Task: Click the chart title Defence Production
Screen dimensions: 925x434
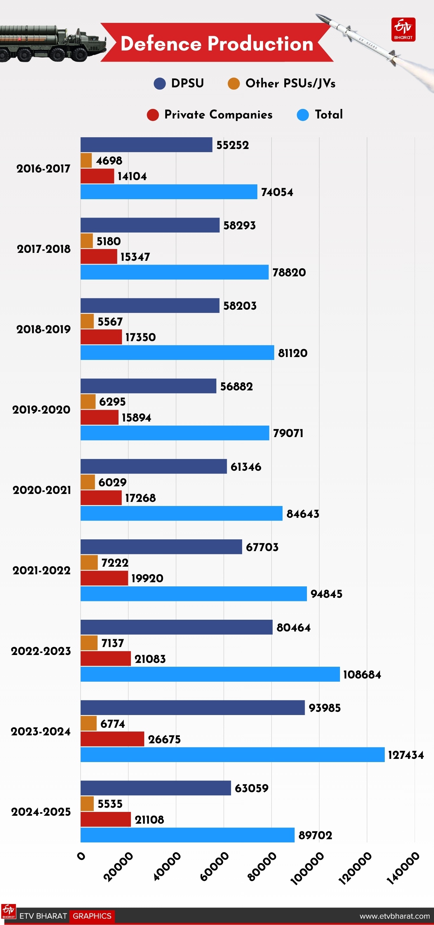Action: point(217,44)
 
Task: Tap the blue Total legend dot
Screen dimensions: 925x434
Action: point(303,115)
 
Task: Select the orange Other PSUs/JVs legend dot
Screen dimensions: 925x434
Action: point(234,84)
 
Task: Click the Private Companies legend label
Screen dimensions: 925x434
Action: point(218,115)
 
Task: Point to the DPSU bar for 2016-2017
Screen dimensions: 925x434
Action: point(146,145)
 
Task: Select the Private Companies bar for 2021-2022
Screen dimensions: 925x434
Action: point(104,578)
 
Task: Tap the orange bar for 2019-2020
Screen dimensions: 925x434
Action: point(88,402)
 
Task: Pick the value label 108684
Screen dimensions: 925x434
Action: point(362,674)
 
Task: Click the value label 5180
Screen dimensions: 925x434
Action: point(109,241)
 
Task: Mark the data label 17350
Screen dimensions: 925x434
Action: point(140,337)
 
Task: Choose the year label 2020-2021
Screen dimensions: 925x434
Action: point(42,490)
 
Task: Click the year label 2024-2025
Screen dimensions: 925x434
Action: point(41,812)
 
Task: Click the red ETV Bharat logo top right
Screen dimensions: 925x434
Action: point(403,30)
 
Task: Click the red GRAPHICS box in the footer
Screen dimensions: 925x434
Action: point(92,916)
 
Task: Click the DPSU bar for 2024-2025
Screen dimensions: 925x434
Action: point(156,788)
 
